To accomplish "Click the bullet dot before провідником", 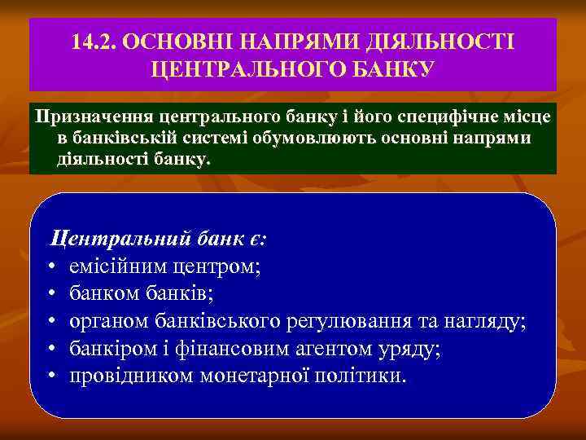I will coord(51,376).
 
